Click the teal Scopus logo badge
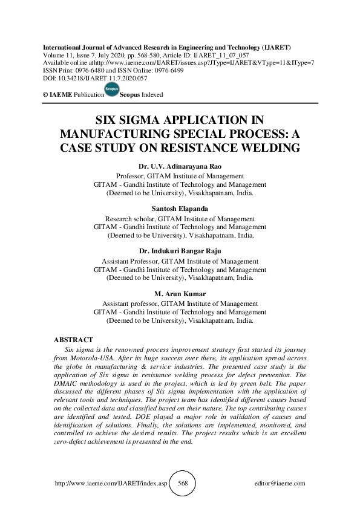111,89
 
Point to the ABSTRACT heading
73,340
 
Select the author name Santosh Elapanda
180,209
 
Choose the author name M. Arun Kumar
180,294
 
